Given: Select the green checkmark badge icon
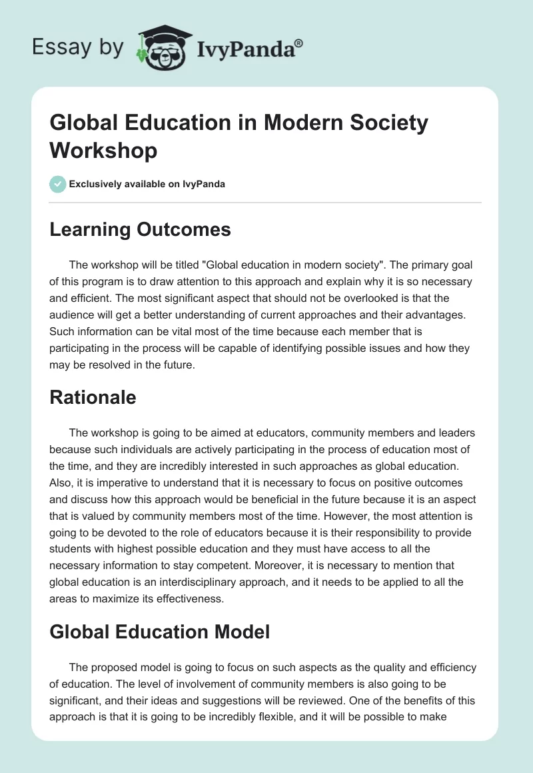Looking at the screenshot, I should click(x=58, y=184).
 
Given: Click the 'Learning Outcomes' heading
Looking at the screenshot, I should click(x=140, y=230).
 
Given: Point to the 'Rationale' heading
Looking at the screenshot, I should click(x=93, y=398).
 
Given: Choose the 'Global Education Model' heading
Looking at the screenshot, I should click(x=160, y=631).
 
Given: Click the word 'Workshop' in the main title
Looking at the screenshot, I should click(x=103, y=151).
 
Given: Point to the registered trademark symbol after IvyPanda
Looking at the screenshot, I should click(x=299, y=43).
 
